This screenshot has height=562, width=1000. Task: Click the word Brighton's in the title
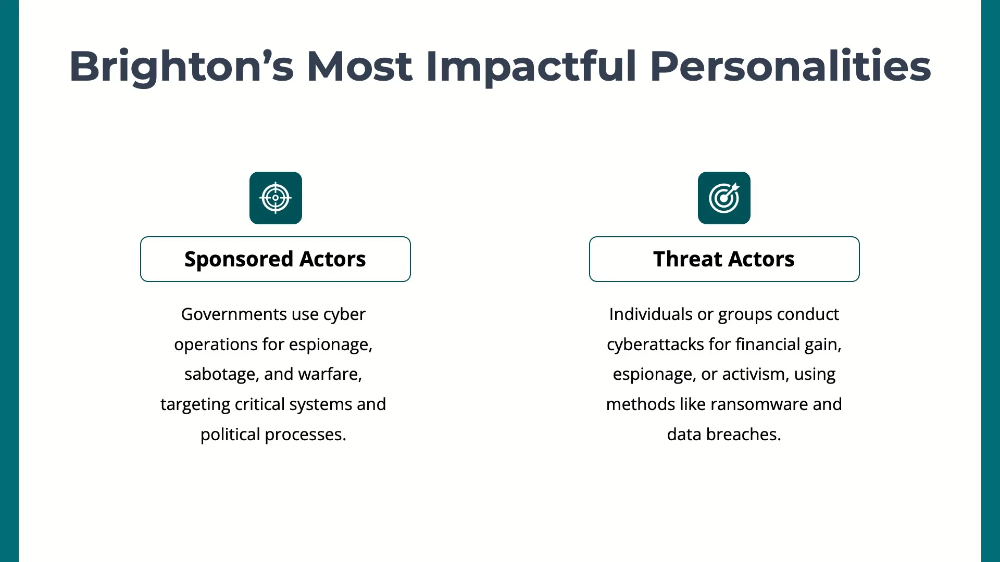[x=182, y=67]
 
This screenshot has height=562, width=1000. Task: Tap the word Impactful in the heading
[x=531, y=67]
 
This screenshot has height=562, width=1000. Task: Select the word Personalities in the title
[x=790, y=67]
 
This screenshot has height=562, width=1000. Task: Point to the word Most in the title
[x=360, y=67]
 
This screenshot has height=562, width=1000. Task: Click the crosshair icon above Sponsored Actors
[x=276, y=198]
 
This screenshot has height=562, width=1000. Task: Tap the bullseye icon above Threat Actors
[x=724, y=198]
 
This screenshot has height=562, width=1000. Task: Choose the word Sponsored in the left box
[x=239, y=260]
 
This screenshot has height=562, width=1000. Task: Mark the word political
[x=230, y=435]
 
